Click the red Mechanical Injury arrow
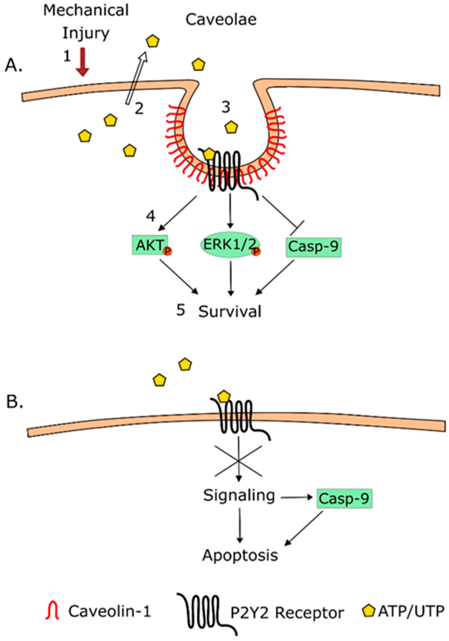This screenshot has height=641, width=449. pyautogui.click(x=83, y=62)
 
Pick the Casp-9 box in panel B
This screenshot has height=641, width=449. pyautogui.click(x=344, y=498)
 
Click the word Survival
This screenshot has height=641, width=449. pyautogui.click(x=230, y=311)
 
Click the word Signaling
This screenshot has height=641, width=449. pyautogui.click(x=239, y=496)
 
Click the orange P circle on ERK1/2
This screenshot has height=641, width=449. pyautogui.click(x=256, y=252)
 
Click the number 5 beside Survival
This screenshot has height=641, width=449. pyautogui.click(x=181, y=310)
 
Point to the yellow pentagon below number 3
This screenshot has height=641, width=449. pyautogui.click(x=232, y=127)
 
